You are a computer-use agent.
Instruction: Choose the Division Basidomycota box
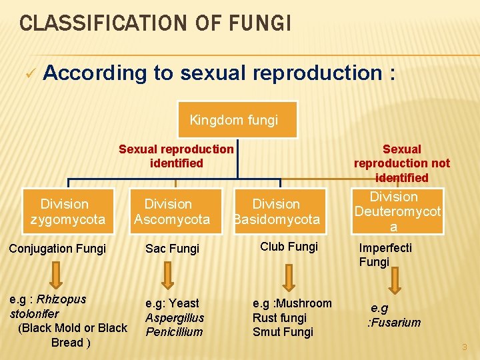click(277, 211)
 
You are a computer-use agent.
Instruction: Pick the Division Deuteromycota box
click(397, 211)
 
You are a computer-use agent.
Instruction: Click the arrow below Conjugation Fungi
click(56, 273)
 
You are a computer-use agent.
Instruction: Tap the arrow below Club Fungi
click(287, 273)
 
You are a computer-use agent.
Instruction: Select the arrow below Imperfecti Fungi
click(394, 279)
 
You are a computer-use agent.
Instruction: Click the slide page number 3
click(465, 347)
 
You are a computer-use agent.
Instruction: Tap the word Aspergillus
click(175, 317)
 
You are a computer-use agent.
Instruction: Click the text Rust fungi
click(279, 318)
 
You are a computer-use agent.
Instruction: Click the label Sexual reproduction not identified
click(401, 163)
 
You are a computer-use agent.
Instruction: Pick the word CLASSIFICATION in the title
click(96, 23)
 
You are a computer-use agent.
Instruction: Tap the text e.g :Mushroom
click(292, 303)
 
